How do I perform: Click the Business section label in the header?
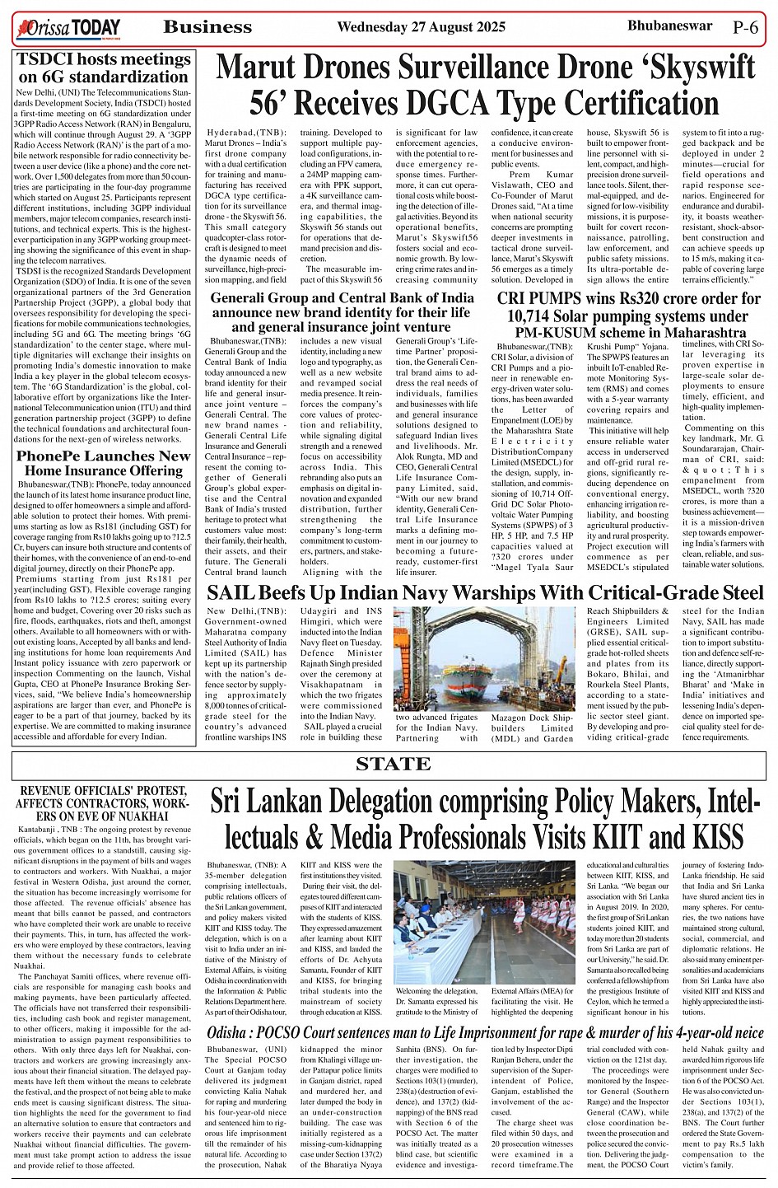pos(207,27)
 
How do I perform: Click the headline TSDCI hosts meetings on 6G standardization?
pos(104,68)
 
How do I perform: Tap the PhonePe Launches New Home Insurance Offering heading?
pos(104,462)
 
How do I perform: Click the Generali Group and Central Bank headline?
pos(341,311)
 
